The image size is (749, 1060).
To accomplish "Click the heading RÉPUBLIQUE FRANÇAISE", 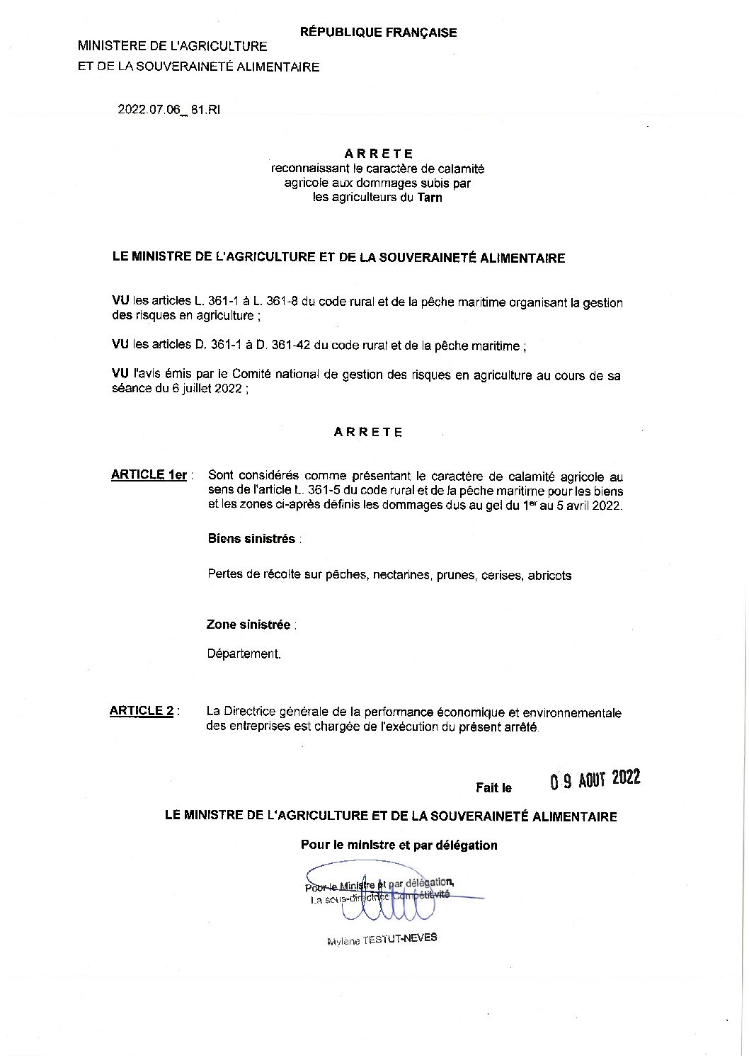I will pyautogui.click(x=379, y=33).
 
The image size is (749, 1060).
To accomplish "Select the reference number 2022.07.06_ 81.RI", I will pyautogui.click(x=169, y=110).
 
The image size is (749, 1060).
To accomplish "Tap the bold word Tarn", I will pyautogui.click(x=430, y=198).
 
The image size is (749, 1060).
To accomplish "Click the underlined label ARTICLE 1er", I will pyautogui.click(x=149, y=475).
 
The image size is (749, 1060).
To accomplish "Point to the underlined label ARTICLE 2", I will pyautogui.click(x=142, y=711).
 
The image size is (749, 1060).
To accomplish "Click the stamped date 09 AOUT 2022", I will pyautogui.click(x=595, y=779).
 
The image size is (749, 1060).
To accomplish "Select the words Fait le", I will pyautogui.click(x=493, y=787).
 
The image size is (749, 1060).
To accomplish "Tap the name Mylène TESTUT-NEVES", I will pyautogui.click(x=382, y=939).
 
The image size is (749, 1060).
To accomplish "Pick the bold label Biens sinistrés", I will pyautogui.click(x=251, y=539).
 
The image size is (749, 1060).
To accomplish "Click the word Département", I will pyautogui.click(x=244, y=654).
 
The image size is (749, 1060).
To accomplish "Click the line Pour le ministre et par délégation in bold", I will pyautogui.click(x=399, y=845).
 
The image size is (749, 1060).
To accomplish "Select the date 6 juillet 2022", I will pyautogui.click(x=207, y=389).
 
